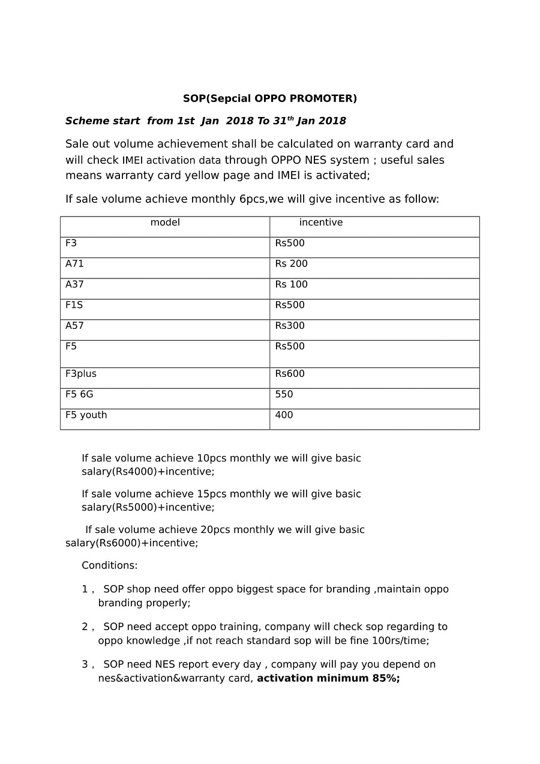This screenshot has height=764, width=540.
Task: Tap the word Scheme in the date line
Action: [87, 121]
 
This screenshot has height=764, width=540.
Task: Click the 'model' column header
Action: [165, 223]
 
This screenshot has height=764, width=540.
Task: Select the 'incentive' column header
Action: [321, 223]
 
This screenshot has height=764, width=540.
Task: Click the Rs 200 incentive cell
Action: [291, 264]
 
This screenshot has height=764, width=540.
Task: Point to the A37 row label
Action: [75, 284]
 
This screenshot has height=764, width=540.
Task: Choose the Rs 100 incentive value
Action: [291, 284]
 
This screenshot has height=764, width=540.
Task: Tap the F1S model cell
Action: [74, 305]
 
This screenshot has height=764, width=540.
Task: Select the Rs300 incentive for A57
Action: [290, 326]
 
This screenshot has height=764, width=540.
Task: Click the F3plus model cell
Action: [81, 374]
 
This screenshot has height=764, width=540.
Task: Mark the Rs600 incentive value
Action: [290, 374]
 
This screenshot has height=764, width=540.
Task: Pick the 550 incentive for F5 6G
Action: [284, 395]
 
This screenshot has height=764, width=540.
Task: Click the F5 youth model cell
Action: [86, 415]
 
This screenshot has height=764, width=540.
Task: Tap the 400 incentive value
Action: [284, 415]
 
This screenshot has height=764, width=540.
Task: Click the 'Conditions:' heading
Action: [110, 566]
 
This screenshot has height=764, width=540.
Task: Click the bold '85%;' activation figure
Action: [386, 679]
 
